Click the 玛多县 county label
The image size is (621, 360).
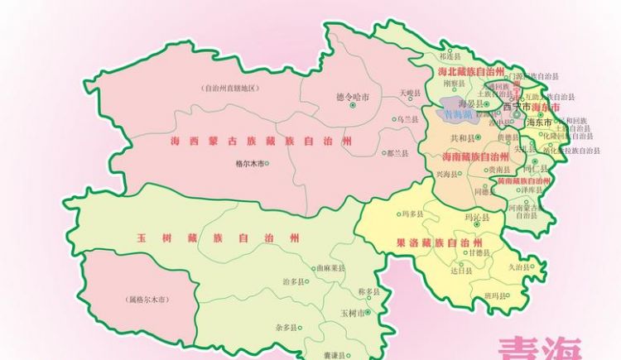pyautogui.click(x=411, y=214)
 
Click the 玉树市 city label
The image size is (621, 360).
pyautogui.click(x=352, y=313)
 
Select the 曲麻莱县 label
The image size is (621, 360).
pyautogui.click(x=330, y=268)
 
